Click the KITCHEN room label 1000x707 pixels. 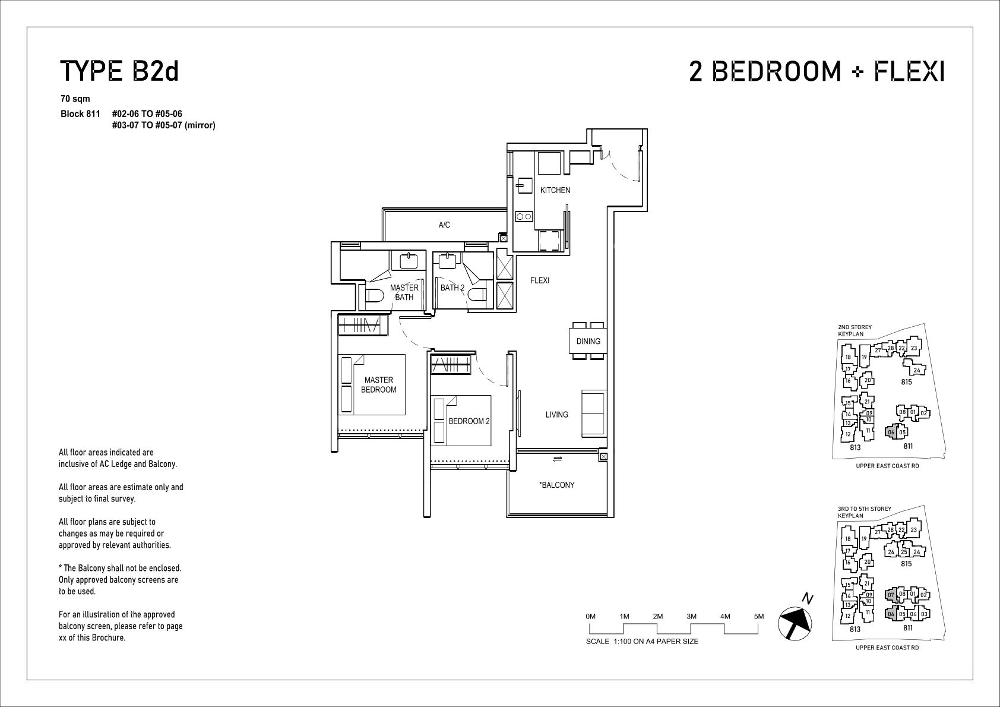coord(555,190)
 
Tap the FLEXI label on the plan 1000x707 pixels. coord(540,280)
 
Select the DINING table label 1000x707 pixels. coord(588,341)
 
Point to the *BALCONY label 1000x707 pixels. coord(556,485)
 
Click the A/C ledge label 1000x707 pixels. coord(444,225)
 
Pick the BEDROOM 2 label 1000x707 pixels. coord(469,421)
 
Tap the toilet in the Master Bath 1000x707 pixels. coord(375,296)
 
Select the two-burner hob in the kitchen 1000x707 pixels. coord(524,217)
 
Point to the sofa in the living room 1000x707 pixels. coord(594,414)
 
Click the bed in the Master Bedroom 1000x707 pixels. coord(371,385)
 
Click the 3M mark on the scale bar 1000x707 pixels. coord(691,617)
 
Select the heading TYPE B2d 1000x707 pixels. coord(119,71)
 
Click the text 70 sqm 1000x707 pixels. coord(75,99)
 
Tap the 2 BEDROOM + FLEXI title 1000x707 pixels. coord(817,71)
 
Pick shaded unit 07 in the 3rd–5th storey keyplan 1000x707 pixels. coord(891,595)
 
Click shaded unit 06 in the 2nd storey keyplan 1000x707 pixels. coord(891,432)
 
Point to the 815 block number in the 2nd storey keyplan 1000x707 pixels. coord(906,382)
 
